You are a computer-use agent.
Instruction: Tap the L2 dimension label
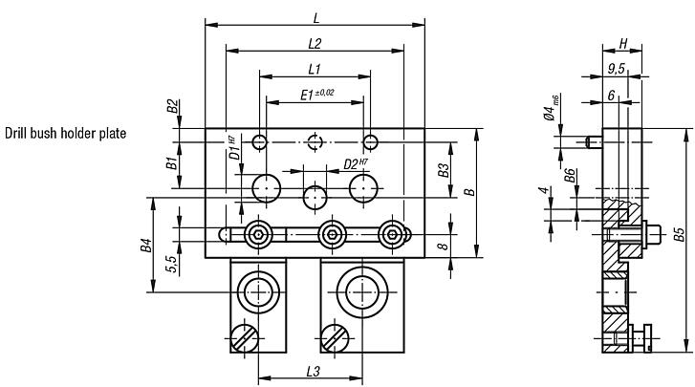(x=315, y=44)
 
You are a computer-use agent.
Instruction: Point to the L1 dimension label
(x=315, y=69)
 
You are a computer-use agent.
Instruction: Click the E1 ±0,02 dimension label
(x=317, y=94)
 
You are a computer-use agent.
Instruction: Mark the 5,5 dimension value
(x=170, y=263)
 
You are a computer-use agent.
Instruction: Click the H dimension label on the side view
(x=622, y=44)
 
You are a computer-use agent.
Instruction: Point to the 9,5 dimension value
(x=618, y=68)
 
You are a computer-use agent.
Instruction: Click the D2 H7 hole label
(x=356, y=164)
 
